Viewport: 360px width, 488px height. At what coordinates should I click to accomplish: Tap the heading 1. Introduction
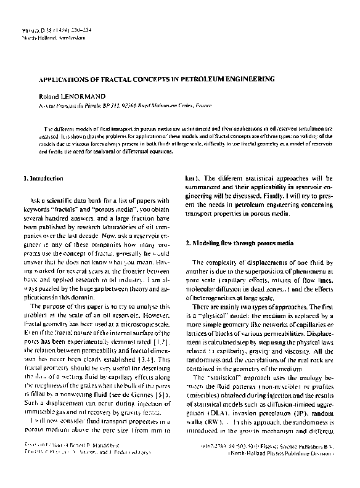pyautogui.click(x=43, y=179)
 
